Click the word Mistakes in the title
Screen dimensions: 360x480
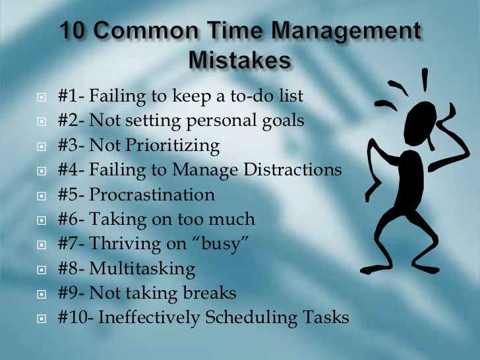pyautogui.click(x=240, y=60)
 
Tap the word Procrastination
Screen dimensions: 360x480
pyautogui.click(x=152, y=195)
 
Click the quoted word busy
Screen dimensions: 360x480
pyautogui.click(x=222, y=245)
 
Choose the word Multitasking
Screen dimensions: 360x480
pyautogui.click(x=142, y=269)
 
